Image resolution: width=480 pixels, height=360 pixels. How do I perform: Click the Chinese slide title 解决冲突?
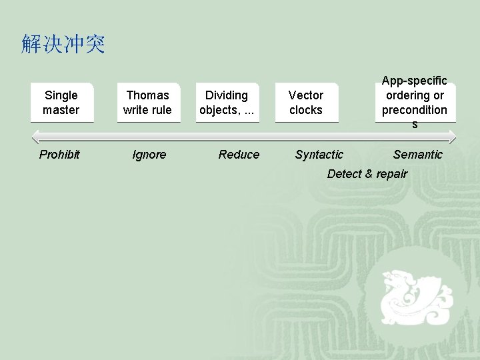tap(63, 45)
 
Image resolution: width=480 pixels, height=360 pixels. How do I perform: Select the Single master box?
tap(61, 103)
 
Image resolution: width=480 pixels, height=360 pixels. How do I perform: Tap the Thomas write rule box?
tap(148, 103)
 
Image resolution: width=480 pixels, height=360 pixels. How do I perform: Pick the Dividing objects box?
tap(227, 103)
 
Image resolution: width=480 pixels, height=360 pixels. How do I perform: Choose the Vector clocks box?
tap(306, 103)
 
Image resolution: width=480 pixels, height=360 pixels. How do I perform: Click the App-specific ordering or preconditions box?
tap(415, 102)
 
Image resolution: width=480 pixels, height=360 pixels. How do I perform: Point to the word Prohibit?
tap(59, 155)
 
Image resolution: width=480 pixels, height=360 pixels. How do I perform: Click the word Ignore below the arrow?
tap(149, 155)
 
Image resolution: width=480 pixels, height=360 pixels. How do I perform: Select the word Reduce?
tap(239, 155)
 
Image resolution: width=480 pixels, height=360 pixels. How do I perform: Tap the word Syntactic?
tap(319, 155)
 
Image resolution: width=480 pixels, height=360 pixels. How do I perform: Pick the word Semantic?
tap(417, 155)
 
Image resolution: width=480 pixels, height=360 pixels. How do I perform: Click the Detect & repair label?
tap(367, 174)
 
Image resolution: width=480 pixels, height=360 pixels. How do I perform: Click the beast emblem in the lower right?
tap(411, 296)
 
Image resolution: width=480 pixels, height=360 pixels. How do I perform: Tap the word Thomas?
tap(148, 95)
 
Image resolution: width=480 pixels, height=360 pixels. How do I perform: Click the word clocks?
tap(306, 110)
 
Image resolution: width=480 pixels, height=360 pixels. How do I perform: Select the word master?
tap(61, 110)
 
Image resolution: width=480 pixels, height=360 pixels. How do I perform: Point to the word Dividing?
tap(227, 95)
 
